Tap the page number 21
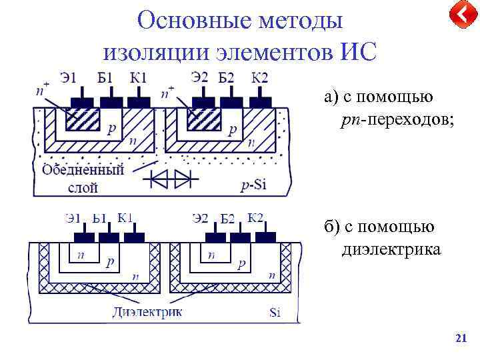coord(460,339)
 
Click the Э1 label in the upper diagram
coord(68,79)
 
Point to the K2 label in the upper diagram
coord(259,78)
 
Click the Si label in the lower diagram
coord(275,313)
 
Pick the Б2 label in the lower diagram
coord(227,219)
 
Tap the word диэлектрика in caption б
coord(391,250)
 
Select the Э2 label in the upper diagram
coord(199,78)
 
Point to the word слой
coord(83,187)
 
